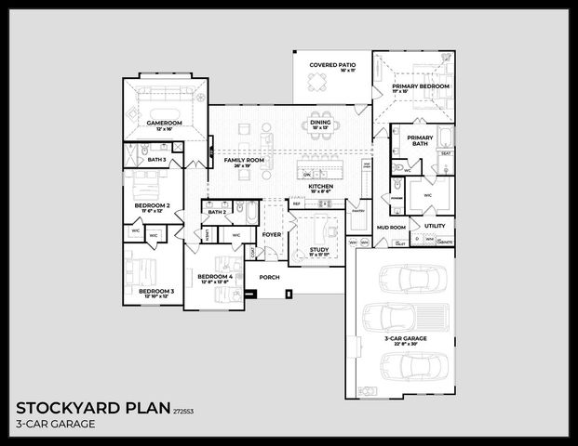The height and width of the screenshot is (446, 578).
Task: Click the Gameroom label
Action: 164,123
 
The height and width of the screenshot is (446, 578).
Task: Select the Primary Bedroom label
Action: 420,86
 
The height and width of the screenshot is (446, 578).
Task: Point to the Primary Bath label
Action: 419,140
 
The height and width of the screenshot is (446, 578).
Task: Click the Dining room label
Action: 321,122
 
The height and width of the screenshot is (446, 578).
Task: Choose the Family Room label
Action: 244,161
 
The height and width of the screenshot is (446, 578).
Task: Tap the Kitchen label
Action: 321,187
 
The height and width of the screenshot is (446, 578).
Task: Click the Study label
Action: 319,249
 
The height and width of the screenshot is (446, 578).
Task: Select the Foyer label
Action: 271,235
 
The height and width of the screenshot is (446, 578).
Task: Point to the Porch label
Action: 269,277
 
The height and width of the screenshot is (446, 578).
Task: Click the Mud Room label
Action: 391,227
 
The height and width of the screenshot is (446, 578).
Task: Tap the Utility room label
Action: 435,226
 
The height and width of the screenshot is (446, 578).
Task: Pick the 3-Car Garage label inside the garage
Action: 405,339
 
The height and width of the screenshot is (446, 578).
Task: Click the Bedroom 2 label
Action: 152,205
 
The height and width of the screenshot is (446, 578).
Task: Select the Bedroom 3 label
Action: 156,292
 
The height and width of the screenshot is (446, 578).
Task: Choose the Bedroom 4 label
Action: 215,277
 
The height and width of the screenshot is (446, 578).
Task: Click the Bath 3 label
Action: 156,160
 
